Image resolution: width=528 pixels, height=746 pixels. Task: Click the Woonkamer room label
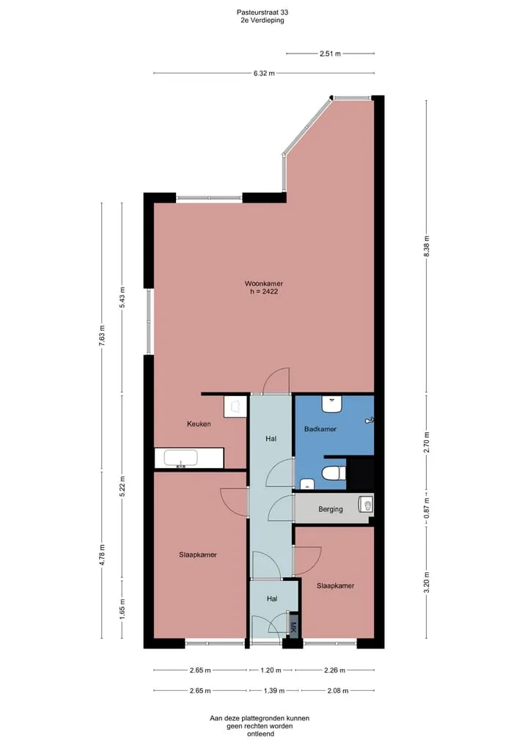pyautogui.click(x=263, y=284)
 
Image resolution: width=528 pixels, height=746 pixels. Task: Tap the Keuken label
pyautogui.click(x=199, y=424)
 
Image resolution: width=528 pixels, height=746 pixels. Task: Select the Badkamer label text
pyautogui.click(x=320, y=429)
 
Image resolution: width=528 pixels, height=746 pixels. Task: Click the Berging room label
pyautogui.click(x=331, y=509)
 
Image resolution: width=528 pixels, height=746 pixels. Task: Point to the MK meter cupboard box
pyautogui.click(x=293, y=624)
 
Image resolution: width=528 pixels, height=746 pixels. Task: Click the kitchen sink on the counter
pyautogui.click(x=180, y=458)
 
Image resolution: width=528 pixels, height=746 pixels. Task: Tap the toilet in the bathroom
pyautogui.click(x=334, y=473)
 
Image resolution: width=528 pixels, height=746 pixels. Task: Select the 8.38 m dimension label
pyautogui.click(x=426, y=246)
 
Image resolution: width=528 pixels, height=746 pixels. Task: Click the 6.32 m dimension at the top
pyautogui.click(x=264, y=73)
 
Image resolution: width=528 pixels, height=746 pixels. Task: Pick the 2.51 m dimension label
pyautogui.click(x=330, y=54)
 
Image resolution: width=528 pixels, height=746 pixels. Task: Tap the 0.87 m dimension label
pyautogui.click(x=426, y=508)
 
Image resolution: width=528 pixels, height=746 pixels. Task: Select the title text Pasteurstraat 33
pyautogui.click(x=262, y=12)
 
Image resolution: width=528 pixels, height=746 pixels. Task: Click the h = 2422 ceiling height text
pyautogui.click(x=264, y=291)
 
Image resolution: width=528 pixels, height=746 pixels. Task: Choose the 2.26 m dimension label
pyautogui.click(x=334, y=670)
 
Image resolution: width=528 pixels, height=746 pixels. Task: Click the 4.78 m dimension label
pyautogui.click(x=102, y=555)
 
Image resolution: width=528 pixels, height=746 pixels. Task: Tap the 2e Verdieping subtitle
pyautogui.click(x=262, y=21)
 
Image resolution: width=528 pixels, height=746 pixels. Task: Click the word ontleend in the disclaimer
pyautogui.click(x=260, y=734)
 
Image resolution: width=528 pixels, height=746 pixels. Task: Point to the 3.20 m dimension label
pyautogui.click(x=426, y=582)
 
